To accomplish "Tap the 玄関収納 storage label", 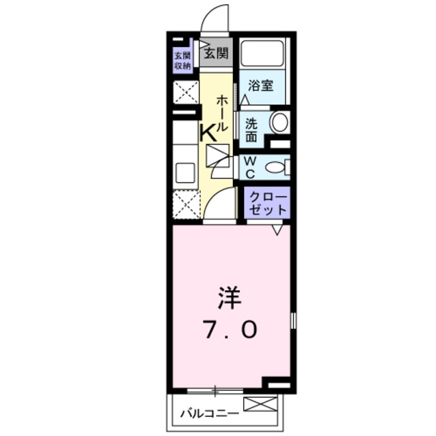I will point(182,61).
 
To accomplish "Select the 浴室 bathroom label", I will point(260,87).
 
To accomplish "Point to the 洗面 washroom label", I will point(251,129).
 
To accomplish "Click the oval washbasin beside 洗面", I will point(279,123).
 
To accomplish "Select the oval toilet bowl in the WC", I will point(275,167).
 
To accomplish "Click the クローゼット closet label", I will point(267,202).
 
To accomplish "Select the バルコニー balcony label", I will point(210,413).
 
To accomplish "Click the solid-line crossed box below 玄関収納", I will point(185,92).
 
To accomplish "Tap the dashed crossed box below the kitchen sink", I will point(185,204).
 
